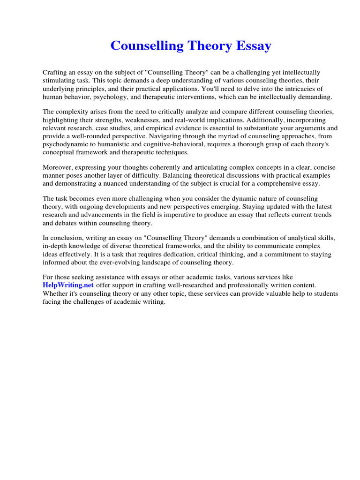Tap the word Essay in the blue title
point(255,46)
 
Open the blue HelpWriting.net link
point(68,285)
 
